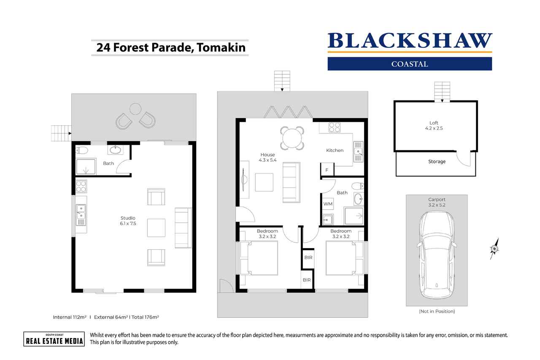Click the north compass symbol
(494, 249)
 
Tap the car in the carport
(437, 255)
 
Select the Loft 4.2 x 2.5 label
(434, 125)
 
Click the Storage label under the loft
(437, 162)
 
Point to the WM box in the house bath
(328, 204)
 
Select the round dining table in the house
(292, 138)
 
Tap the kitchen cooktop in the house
(335, 127)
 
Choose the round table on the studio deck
(135, 109)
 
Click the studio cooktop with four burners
(81, 186)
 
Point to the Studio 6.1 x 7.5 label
(128, 221)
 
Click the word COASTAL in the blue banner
(410, 64)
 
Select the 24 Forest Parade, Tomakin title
(171, 47)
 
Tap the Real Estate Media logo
(53, 339)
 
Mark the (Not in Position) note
(437, 311)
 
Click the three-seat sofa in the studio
(183, 228)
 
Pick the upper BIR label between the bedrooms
(308, 257)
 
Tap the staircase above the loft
(442, 91)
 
